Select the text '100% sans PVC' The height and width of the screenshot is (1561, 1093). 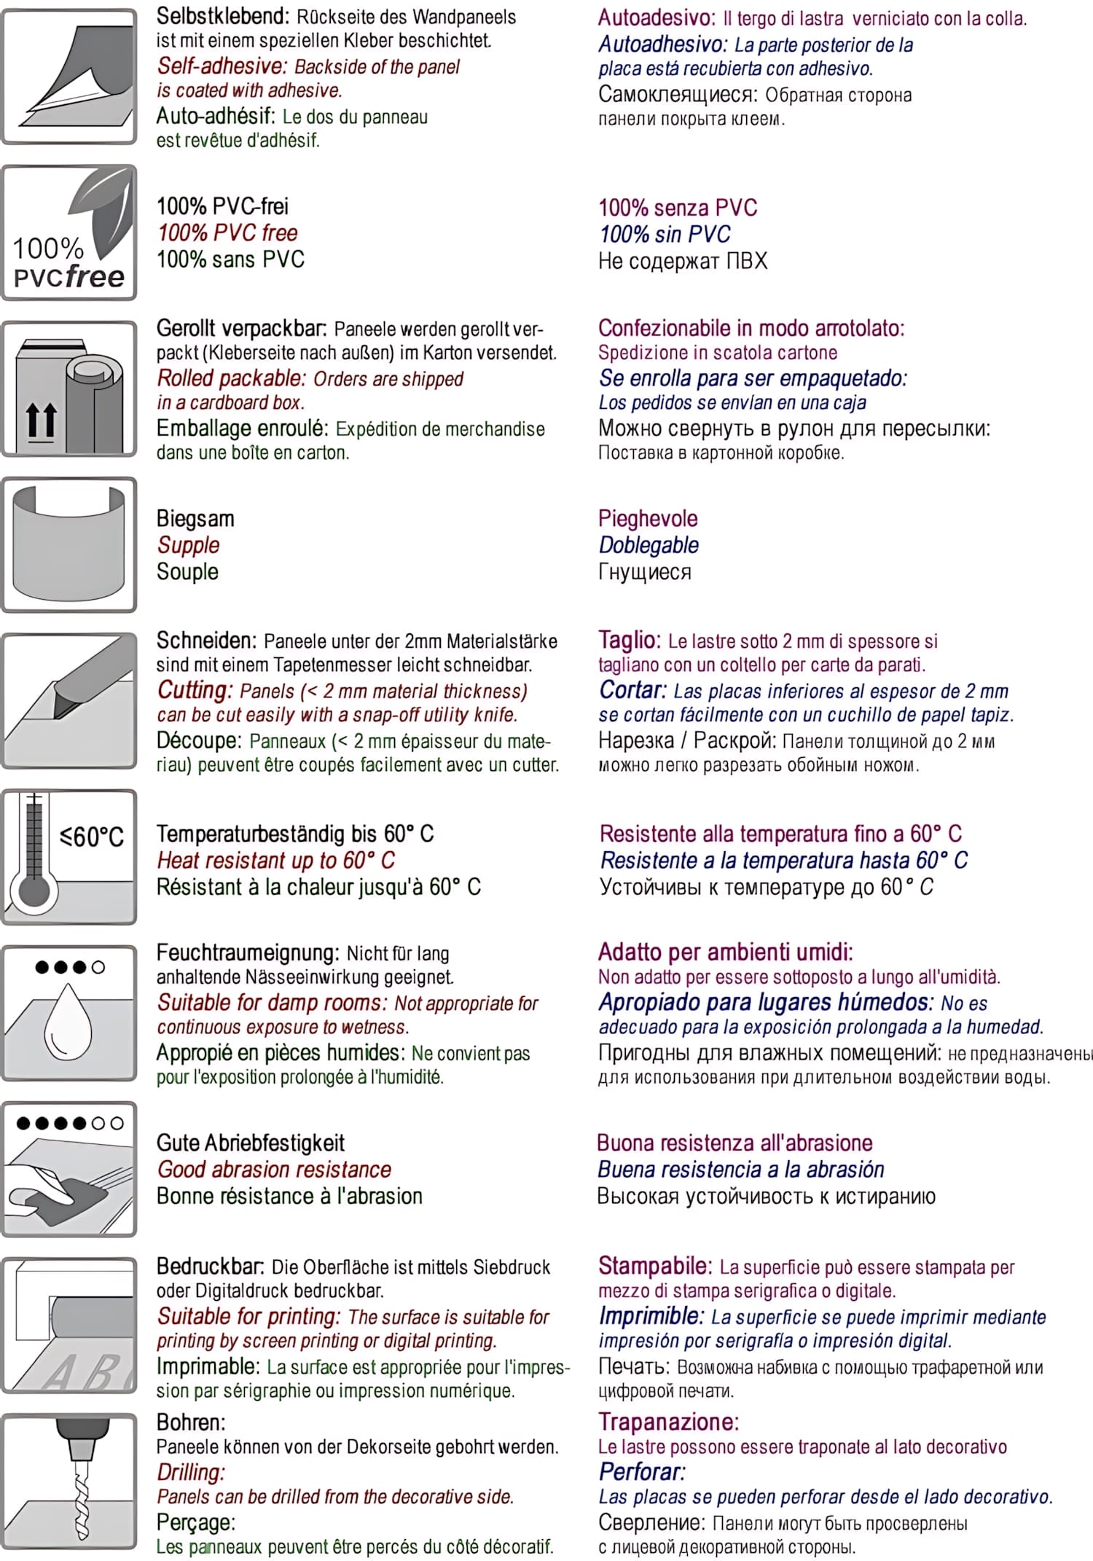tap(230, 259)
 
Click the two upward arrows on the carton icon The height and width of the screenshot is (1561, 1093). tap(41, 420)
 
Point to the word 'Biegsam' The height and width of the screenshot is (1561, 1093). tap(195, 519)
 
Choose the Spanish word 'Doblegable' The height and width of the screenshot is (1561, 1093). tap(649, 545)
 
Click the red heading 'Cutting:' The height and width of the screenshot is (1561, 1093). tap(195, 689)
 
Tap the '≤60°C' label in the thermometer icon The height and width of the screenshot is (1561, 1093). tap(92, 836)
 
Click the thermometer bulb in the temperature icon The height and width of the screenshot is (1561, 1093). tap(34, 891)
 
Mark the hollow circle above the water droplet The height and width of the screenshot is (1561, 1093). tap(98, 967)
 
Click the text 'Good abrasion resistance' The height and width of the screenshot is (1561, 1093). tap(274, 1170)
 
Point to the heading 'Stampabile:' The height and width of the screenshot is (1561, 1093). tap(655, 1266)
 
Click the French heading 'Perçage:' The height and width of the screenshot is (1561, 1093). tap(196, 1522)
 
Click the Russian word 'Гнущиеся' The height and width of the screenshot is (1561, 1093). tap(645, 572)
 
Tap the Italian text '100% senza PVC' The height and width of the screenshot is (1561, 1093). tap(678, 208)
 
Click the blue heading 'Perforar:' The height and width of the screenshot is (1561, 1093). tap(642, 1471)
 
